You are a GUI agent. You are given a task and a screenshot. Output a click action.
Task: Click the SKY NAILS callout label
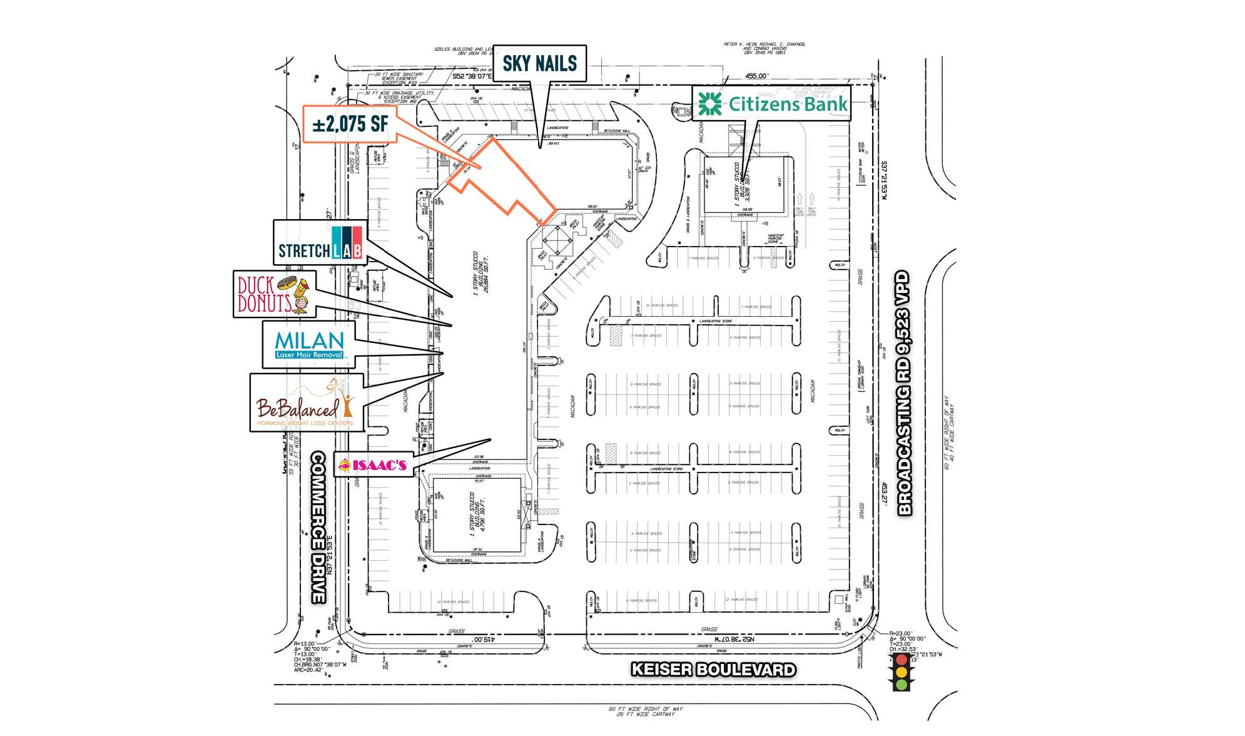coord(539,63)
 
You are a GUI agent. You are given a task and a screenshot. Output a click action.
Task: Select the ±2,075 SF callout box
coord(350,123)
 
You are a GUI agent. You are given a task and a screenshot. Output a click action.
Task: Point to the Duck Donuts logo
coord(273,294)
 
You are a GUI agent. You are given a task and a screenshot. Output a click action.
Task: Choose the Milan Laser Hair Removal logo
coord(310,344)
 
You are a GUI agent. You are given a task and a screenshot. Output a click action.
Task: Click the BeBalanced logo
coord(306,403)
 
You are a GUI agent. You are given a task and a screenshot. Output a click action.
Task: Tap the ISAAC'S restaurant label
coord(373,464)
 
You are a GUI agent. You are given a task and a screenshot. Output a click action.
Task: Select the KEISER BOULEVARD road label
coord(713,670)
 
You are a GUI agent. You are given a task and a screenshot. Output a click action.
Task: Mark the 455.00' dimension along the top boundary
coord(756,76)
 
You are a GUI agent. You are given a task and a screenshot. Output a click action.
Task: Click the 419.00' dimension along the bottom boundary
coord(481,640)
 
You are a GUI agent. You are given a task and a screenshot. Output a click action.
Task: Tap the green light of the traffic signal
coord(901,685)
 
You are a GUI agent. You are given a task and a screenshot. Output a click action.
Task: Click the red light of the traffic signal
coord(901,660)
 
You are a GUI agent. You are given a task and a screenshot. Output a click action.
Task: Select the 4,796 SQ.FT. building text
coord(482,514)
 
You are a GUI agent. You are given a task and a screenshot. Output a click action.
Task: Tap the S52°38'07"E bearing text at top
coord(472,76)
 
